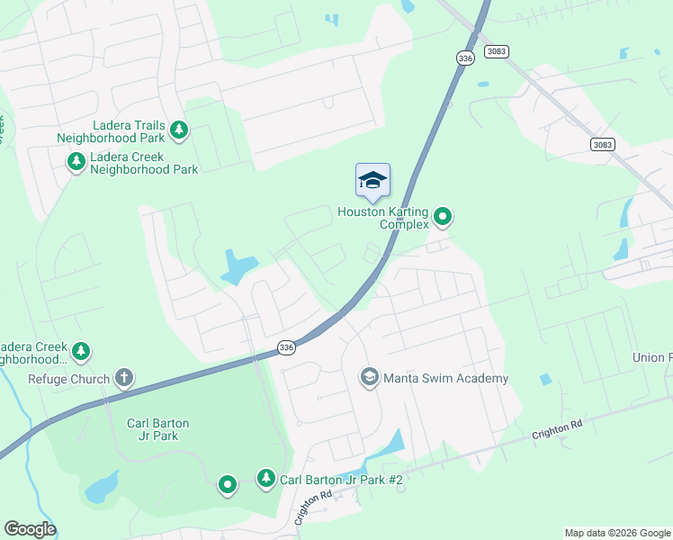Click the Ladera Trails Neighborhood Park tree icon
coord(179,130)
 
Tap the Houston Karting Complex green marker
coord(442,216)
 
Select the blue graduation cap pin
coord(372,180)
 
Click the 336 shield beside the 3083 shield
coord(464,58)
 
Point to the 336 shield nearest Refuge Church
coord(286,347)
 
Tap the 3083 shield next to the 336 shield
coord(497,51)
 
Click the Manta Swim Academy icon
coord(368,377)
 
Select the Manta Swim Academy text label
coord(446,379)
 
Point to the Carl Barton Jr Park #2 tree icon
coord(265,478)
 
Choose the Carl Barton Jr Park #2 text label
coord(341,481)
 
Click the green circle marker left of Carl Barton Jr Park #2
coord(228,485)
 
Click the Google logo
coord(30,529)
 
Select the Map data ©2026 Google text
coord(617,533)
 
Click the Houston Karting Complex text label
coord(384,219)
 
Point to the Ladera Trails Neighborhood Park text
coord(111,132)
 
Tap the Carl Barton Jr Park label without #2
coord(158,429)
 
